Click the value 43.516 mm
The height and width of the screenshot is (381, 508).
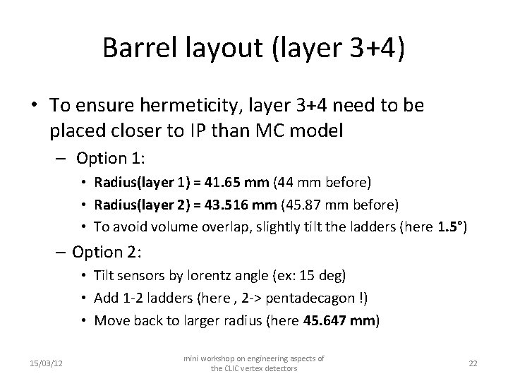click(x=244, y=205)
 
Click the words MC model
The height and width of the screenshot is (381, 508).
click(x=296, y=131)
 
